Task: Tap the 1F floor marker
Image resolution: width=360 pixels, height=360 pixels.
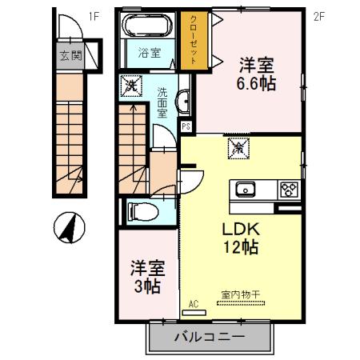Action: click(x=94, y=14)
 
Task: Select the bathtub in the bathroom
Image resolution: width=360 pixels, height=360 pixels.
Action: click(x=146, y=27)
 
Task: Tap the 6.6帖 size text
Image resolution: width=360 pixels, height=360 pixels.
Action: click(x=255, y=82)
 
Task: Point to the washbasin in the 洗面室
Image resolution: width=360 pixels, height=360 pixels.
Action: click(x=184, y=101)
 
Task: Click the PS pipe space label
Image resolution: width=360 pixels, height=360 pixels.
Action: click(x=186, y=126)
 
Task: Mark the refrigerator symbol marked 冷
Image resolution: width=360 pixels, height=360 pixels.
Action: click(x=239, y=146)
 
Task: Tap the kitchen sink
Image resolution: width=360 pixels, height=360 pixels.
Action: click(x=244, y=190)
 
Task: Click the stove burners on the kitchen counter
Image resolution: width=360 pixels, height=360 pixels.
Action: click(x=289, y=190)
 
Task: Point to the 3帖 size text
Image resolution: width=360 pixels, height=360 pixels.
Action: click(x=146, y=285)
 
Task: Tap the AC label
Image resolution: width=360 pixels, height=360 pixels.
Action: click(x=194, y=302)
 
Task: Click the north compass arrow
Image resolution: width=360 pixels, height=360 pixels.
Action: click(x=68, y=227)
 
